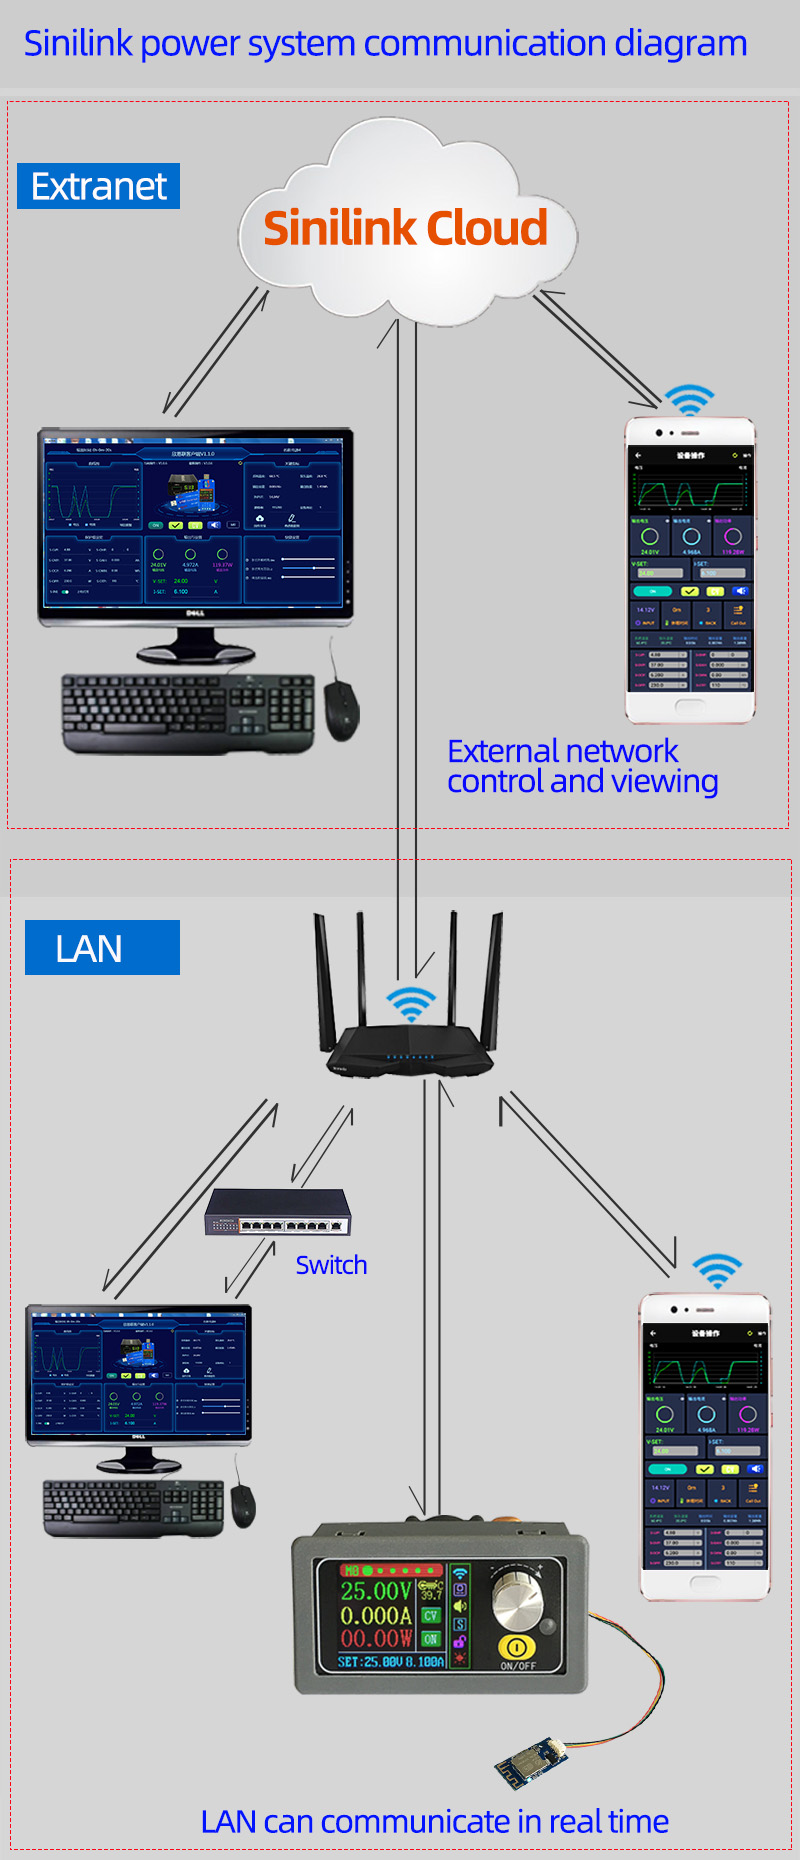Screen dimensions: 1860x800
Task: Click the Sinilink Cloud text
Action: pyautogui.click(x=405, y=228)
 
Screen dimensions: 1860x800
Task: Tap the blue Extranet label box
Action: pyautogui.click(x=98, y=186)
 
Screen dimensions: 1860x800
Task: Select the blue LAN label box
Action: pyautogui.click(x=102, y=947)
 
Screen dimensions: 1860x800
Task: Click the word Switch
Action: pyautogui.click(x=331, y=1265)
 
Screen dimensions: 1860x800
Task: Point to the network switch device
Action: pyautogui.click(x=278, y=1213)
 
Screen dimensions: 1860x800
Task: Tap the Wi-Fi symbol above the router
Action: pyautogui.click(x=411, y=1003)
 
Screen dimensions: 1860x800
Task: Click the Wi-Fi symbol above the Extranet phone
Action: pyautogui.click(x=689, y=399)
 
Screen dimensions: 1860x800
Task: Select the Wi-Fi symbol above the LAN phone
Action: pyautogui.click(x=717, y=1271)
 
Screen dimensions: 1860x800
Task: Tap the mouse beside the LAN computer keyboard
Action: pyautogui.click(x=243, y=1505)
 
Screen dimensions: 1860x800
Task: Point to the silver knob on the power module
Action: pyautogui.click(x=517, y=1598)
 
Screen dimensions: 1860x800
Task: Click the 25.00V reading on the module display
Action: pyautogui.click(x=376, y=1591)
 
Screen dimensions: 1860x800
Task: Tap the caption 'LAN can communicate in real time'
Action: pyautogui.click(x=434, y=1822)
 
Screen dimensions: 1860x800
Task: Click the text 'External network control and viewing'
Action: pyautogui.click(x=582, y=766)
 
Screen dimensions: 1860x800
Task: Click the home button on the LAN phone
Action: pyautogui.click(x=704, y=1581)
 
